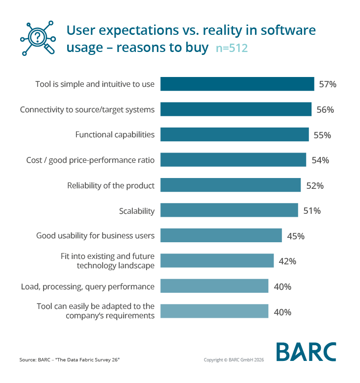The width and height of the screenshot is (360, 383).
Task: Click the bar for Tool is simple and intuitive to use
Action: click(237, 84)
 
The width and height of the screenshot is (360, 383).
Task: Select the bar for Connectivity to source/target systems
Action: click(236, 109)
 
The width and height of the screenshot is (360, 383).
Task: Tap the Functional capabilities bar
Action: click(234, 135)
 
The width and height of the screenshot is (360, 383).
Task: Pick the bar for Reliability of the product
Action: click(231, 185)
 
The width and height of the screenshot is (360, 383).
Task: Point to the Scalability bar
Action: click(229, 211)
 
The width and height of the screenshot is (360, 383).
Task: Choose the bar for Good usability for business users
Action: click(221, 236)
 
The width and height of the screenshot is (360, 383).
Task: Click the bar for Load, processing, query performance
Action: click(214, 286)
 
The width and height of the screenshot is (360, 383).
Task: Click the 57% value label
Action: click(327, 84)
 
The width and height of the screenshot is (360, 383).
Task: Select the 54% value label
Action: click(320, 160)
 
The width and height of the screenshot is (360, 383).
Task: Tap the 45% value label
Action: click(296, 236)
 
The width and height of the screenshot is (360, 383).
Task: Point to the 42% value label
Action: click(287, 261)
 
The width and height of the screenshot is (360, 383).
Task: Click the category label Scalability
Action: click(137, 211)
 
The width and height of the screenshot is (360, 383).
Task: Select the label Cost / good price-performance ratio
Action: click(90, 160)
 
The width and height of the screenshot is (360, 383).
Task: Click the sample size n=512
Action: click(231, 49)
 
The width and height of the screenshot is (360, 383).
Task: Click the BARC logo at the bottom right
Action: click(306, 352)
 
